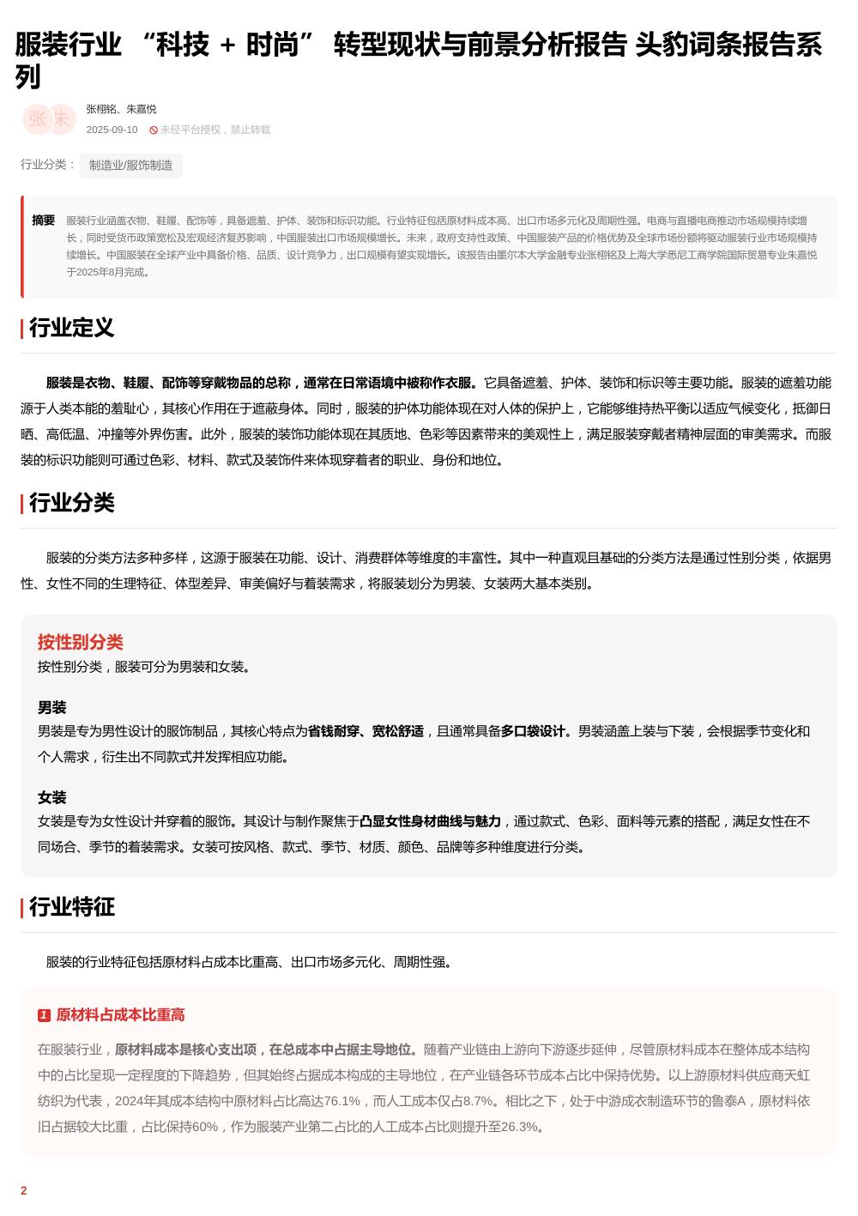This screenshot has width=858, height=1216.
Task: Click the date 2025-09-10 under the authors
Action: click(112, 130)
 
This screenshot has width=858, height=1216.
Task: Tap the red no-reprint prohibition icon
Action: click(154, 130)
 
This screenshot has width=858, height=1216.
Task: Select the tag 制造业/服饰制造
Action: click(130, 166)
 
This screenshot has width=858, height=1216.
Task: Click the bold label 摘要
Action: click(44, 221)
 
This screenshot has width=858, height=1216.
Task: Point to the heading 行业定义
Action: click(71, 328)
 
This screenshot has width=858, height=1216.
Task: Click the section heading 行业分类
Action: click(71, 503)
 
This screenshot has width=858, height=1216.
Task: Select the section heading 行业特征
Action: click(71, 907)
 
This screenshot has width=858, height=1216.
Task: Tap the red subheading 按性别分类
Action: click(80, 642)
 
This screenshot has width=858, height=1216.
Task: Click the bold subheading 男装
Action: click(51, 708)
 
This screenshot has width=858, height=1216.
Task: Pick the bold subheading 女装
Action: click(51, 798)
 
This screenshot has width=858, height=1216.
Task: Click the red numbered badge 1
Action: click(44, 1016)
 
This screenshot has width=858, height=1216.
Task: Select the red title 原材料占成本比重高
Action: click(120, 1015)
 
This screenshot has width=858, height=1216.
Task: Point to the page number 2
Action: click(24, 1190)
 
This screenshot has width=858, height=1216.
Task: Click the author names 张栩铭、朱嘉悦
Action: click(121, 109)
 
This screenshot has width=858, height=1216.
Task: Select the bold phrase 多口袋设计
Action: click(533, 731)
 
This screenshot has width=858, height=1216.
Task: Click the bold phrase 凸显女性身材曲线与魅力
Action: click(430, 821)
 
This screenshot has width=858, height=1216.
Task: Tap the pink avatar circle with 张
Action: click(37, 119)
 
